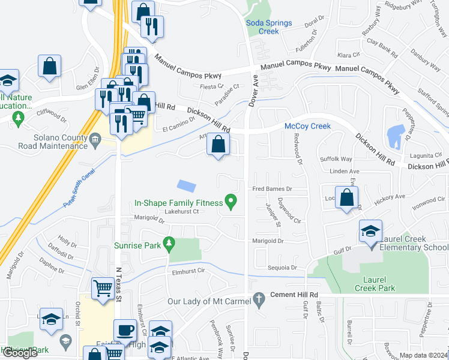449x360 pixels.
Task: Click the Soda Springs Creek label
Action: [x=269, y=27]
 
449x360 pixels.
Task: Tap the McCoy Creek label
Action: [x=307, y=126]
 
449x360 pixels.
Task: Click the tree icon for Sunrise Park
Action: [x=169, y=242]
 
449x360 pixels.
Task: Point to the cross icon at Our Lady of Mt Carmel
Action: [x=259, y=298]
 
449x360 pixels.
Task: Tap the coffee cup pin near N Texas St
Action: [x=125, y=330]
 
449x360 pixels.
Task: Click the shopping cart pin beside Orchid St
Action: [x=102, y=289]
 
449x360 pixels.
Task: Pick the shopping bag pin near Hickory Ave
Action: [x=346, y=197]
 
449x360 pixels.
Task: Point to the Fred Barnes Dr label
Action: [x=271, y=189]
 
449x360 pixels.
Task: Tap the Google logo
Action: [x=20, y=352]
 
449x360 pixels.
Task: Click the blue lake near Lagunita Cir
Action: [x=396, y=137]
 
